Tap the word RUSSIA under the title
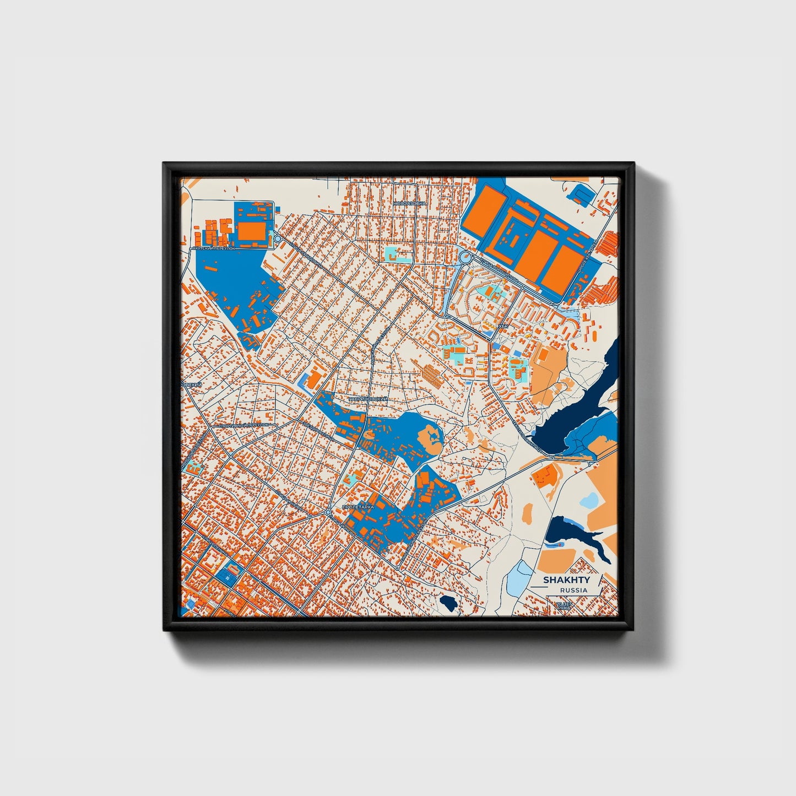pyautogui.click(x=573, y=590)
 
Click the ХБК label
pyautogui.click(x=502, y=326)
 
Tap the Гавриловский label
pyautogui.click(x=369, y=398)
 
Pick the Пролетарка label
pyautogui.click(x=358, y=506)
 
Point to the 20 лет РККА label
pyautogui.click(x=564, y=607)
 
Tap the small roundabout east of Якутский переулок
pyautogui.click(x=278, y=239)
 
